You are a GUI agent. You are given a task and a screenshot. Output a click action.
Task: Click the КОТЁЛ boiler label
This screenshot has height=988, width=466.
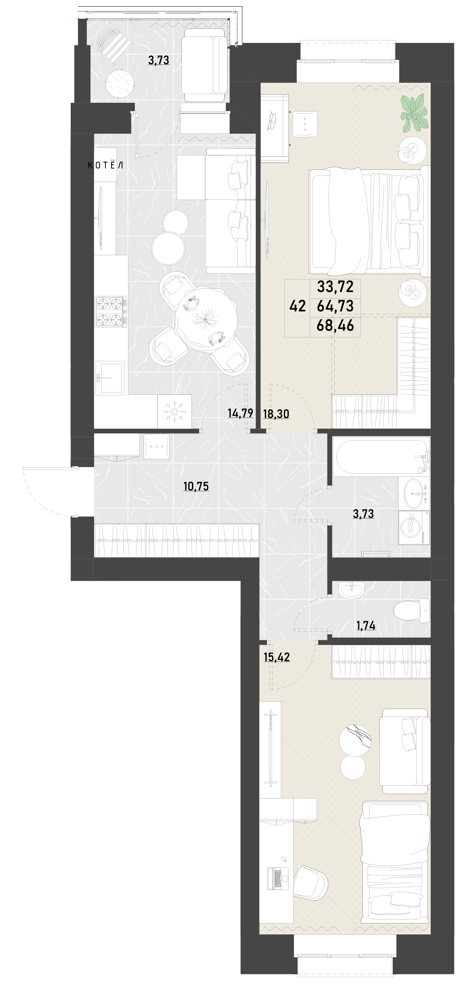(106, 165)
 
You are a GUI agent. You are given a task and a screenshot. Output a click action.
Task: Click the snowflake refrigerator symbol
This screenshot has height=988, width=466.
(174, 412)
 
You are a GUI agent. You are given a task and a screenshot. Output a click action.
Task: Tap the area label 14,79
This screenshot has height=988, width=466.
(240, 413)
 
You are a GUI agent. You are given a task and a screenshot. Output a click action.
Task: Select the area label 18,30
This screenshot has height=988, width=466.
(276, 414)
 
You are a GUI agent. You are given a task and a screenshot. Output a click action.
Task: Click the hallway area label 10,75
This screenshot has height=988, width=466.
(196, 486)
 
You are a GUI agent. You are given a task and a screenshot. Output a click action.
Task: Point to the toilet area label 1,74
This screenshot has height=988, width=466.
(366, 625)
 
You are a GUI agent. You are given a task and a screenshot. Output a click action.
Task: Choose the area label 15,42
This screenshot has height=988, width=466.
(277, 657)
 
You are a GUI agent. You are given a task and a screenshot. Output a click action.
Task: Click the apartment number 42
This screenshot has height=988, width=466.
(298, 306)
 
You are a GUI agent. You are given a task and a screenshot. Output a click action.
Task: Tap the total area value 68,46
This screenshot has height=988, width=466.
(335, 326)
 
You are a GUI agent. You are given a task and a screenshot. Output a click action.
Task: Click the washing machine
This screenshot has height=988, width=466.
(414, 527)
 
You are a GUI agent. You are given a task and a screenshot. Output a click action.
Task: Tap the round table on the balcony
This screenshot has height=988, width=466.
(120, 83)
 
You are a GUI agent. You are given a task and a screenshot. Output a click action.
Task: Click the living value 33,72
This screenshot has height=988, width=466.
(335, 287)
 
